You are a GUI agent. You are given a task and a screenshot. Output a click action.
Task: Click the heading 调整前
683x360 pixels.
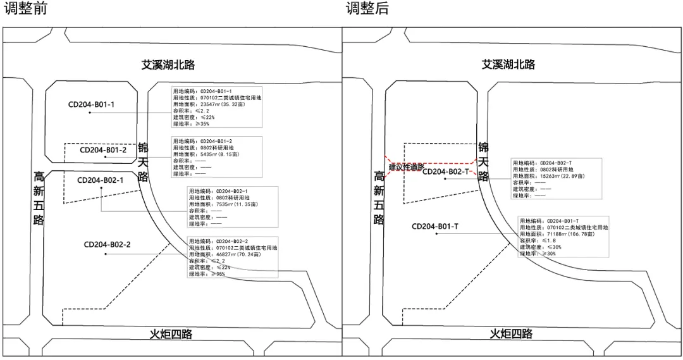25,9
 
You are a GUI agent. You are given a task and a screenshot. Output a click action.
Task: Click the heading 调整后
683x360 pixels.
367,9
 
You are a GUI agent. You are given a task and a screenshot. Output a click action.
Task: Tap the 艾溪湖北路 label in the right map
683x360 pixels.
508,65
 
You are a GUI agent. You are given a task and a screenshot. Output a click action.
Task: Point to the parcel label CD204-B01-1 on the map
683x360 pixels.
92,104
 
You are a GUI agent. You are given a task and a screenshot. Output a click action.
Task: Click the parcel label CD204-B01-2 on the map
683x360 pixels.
103,150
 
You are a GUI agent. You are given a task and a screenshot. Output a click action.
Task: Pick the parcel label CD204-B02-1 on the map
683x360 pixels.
101,180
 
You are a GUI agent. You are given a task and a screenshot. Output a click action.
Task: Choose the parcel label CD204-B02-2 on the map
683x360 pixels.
107,244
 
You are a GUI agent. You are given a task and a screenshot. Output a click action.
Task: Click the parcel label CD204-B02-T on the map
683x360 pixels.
446,171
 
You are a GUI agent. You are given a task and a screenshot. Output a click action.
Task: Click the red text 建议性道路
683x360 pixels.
406,167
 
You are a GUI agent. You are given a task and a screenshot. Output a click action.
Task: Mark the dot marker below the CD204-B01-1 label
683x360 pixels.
90,113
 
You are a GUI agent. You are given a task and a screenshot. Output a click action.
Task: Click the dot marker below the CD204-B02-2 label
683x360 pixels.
106,254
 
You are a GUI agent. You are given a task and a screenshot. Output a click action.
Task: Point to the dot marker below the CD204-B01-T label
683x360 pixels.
453,235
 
